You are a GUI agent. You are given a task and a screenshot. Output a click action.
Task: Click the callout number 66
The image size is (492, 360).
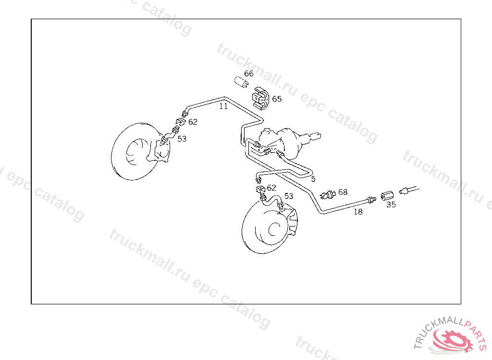(x=248, y=74)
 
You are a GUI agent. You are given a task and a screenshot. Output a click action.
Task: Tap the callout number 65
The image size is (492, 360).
(x=277, y=99)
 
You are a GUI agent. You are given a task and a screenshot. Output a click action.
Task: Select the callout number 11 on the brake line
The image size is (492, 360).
(x=223, y=107)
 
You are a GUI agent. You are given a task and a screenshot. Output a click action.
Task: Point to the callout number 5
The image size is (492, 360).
(x=313, y=179)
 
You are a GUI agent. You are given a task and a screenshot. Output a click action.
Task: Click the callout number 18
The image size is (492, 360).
(x=358, y=211)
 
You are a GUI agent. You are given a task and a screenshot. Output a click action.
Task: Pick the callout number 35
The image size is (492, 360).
(x=391, y=205)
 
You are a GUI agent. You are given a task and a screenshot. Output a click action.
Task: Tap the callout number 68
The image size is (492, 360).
(x=343, y=192)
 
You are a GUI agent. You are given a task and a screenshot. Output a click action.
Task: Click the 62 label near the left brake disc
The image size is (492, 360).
(x=193, y=122)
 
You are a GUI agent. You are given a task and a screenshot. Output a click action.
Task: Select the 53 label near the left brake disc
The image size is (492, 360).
(x=182, y=139)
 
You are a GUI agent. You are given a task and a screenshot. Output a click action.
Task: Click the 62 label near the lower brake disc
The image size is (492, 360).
(x=271, y=188)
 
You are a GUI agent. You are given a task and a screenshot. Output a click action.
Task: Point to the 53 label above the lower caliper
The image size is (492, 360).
(x=288, y=196)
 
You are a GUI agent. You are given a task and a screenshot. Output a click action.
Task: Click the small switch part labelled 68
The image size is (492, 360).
(x=329, y=194)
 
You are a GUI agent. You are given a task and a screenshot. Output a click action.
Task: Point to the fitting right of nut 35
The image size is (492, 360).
(x=406, y=191)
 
